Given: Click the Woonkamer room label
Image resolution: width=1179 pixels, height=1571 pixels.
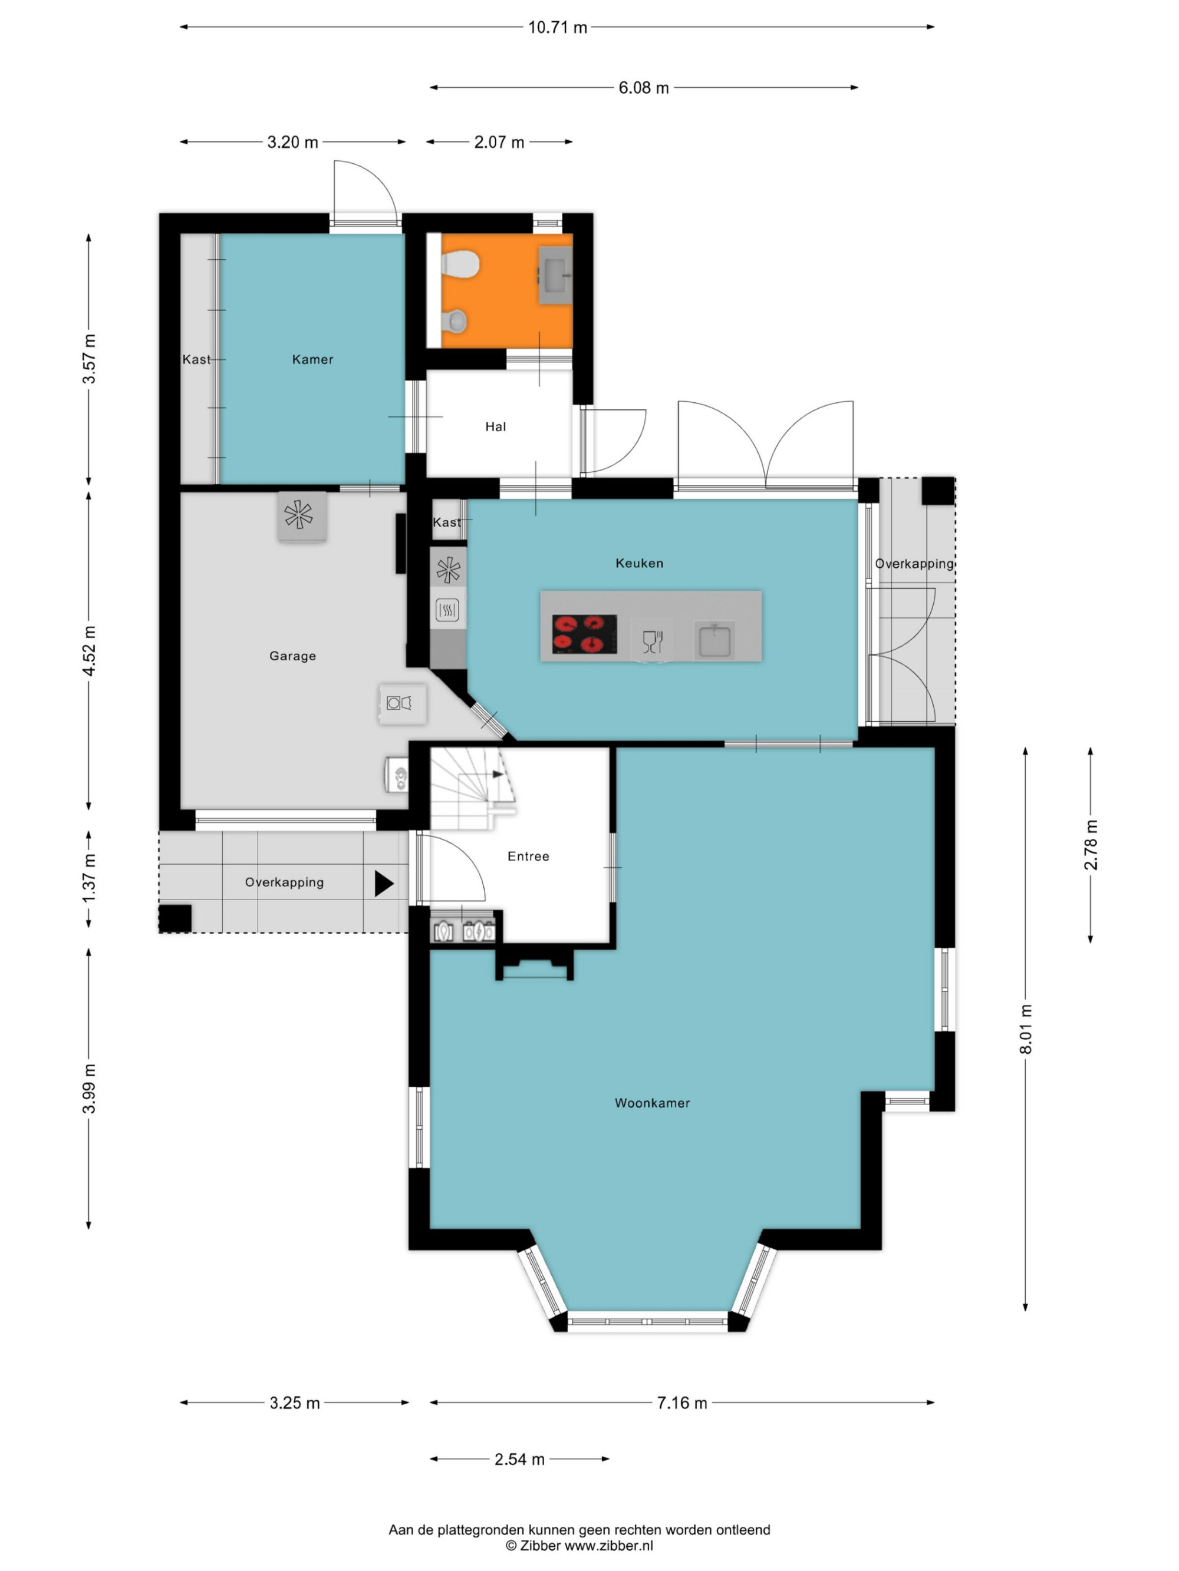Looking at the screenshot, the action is (x=651, y=1103).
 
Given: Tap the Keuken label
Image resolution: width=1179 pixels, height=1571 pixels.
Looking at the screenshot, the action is (x=639, y=563).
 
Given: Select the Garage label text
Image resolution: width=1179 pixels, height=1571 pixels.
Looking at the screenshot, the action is (x=292, y=656).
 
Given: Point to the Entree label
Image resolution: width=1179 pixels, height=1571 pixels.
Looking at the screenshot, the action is (x=528, y=856).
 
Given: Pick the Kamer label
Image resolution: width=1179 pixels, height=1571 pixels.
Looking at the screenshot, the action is (x=312, y=359).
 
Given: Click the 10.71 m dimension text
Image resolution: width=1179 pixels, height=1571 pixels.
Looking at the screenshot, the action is (x=557, y=28).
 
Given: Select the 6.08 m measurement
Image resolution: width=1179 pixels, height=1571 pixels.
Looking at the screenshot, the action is (x=643, y=88).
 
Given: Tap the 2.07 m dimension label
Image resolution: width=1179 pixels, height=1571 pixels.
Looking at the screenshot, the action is (x=499, y=143).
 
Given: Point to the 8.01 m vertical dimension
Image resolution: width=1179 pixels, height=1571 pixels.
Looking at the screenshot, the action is (x=1026, y=1029).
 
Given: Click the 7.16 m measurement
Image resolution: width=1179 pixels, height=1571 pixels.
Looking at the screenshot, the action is (x=681, y=1403).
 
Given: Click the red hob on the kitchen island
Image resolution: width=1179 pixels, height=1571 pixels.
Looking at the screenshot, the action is (x=584, y=634).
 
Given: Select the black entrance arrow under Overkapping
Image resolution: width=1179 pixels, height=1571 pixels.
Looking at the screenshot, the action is (x=384, y=884).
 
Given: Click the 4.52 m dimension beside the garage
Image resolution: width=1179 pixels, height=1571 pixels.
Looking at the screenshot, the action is (x=89, y=650).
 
